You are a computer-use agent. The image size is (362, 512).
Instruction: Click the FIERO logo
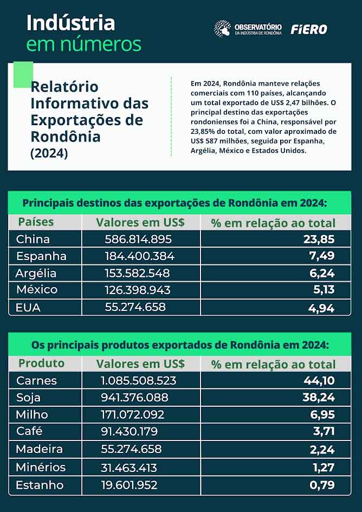click(x=309, y=29)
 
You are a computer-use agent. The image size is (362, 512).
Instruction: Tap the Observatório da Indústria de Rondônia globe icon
click(x=222, y=29)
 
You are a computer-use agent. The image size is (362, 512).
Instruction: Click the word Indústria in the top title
click(x=70, y=23)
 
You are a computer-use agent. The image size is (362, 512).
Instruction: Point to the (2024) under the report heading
click(x=49, y=153)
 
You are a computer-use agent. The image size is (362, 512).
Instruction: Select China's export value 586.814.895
click(x=138, y=239)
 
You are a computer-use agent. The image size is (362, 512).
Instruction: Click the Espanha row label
click(x=41, y=256)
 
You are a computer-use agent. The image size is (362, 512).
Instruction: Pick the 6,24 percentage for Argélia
click(x=322, y=274)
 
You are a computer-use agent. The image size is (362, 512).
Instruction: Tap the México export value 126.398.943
click(x=138, y=290)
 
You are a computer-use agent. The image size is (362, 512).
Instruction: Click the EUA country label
click(x=28, y=307)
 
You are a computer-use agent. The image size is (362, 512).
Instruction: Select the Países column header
click(x=36, y=222)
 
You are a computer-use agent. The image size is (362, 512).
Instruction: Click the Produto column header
click(x=41, y=363)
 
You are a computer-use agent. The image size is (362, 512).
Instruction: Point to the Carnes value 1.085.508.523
click(x=139, y=380)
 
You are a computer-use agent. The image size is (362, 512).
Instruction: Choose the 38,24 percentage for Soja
click(x=319, y=398)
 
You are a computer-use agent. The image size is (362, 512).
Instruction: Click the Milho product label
click(x=32, y=414)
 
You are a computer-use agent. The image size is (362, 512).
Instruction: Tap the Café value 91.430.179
click(x=130, y=432)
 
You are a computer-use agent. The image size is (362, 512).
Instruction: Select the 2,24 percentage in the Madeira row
click(x=322, y=449)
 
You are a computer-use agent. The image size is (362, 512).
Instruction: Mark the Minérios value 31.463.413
click(x=129, y=467)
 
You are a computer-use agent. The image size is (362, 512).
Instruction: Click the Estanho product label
click(x=40, y=484)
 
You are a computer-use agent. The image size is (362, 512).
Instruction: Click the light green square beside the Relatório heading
click(x=23, y=75)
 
